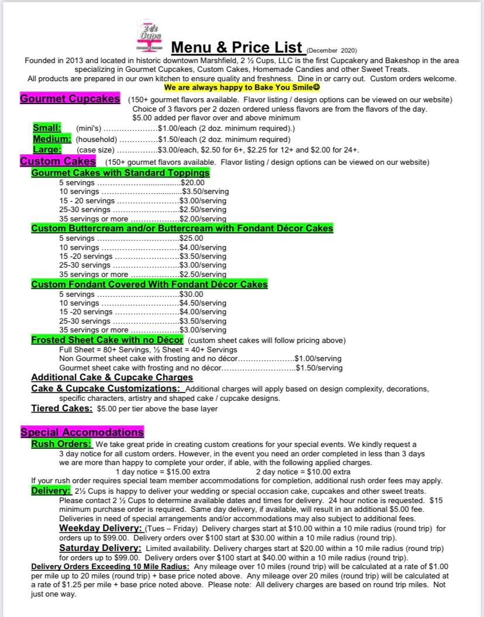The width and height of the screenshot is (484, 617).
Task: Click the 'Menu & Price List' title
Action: (x=236, y=47)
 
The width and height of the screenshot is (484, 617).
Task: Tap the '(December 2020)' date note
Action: (x=331, y=50)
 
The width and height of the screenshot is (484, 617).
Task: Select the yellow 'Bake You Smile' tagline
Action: (x=242, y=88)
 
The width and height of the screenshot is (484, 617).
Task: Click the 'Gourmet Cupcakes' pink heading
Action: (x=70, y=99)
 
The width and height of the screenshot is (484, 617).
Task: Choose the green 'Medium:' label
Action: (x=52, y=139)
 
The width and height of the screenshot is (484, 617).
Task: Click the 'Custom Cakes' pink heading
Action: (x=58, y=161)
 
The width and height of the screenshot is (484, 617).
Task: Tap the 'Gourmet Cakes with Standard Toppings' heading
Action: (x=120, y=173)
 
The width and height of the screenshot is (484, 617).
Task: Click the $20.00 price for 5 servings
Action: (x=192, y=183)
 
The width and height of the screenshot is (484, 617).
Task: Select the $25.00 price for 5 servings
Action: (x=191, y=238)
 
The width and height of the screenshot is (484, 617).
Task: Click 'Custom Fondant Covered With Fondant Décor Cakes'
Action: (x=149, y=285)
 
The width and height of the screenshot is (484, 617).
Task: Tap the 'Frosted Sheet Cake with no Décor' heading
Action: (x=107, y=340)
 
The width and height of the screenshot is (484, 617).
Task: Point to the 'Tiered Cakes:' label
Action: (x=61, y=408)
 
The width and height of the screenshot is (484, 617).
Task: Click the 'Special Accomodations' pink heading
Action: (x=82, y=432)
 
